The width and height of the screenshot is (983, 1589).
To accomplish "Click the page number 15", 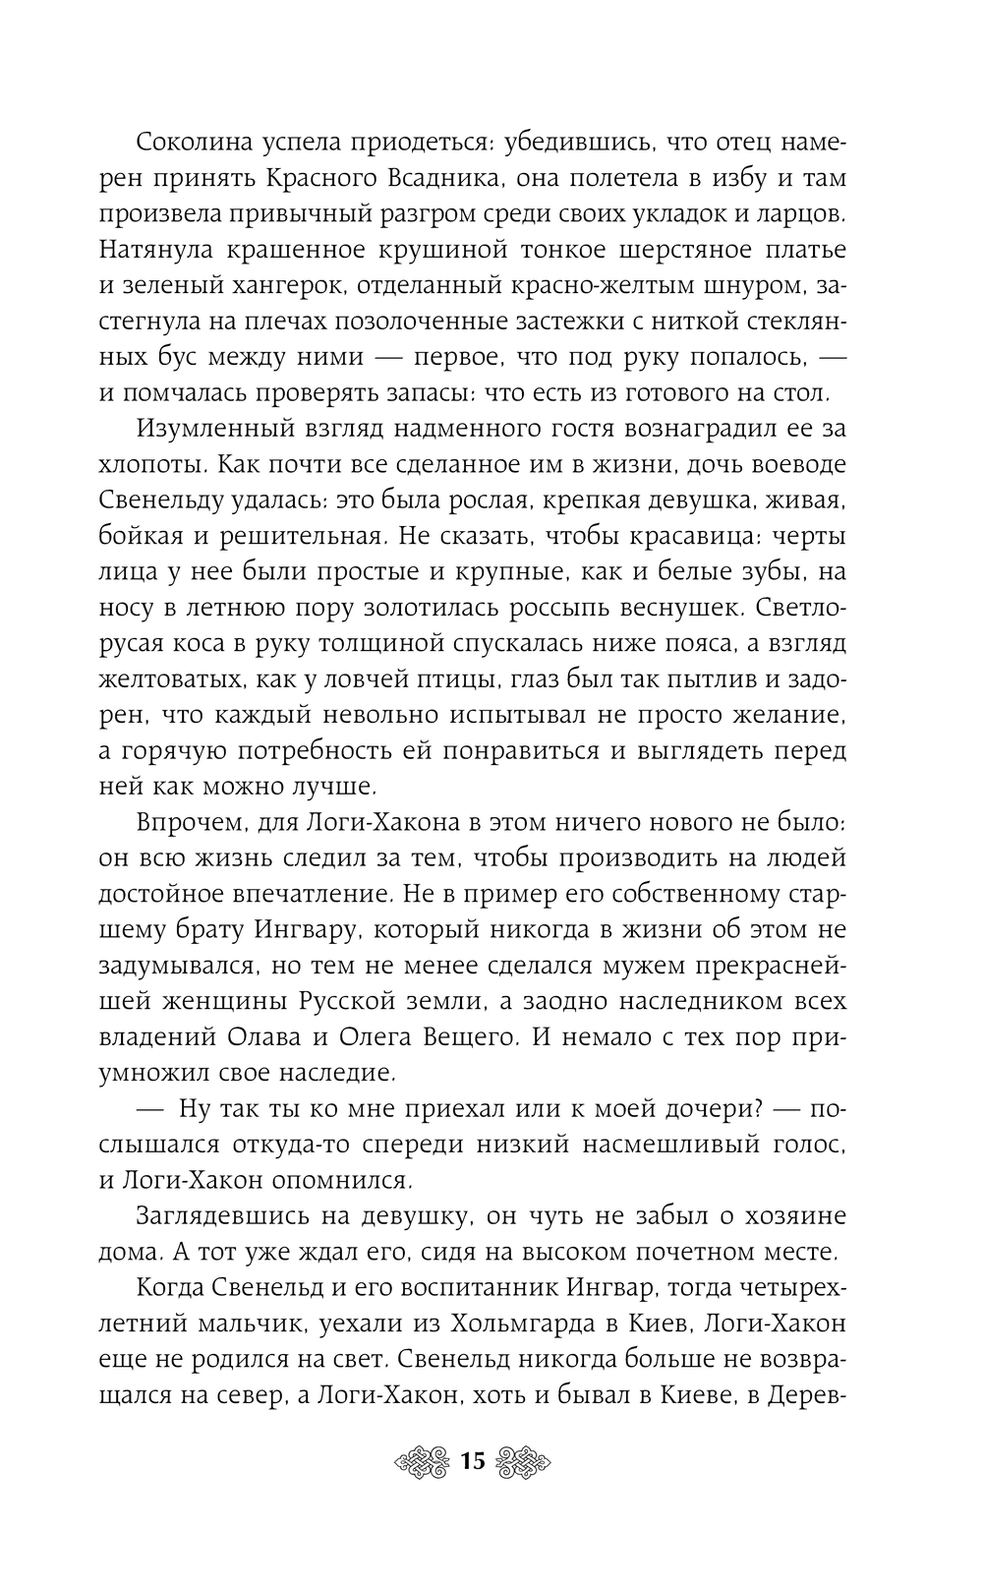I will tap(473, 1460).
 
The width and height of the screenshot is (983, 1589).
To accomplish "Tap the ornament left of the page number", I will tap(424, 1460).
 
